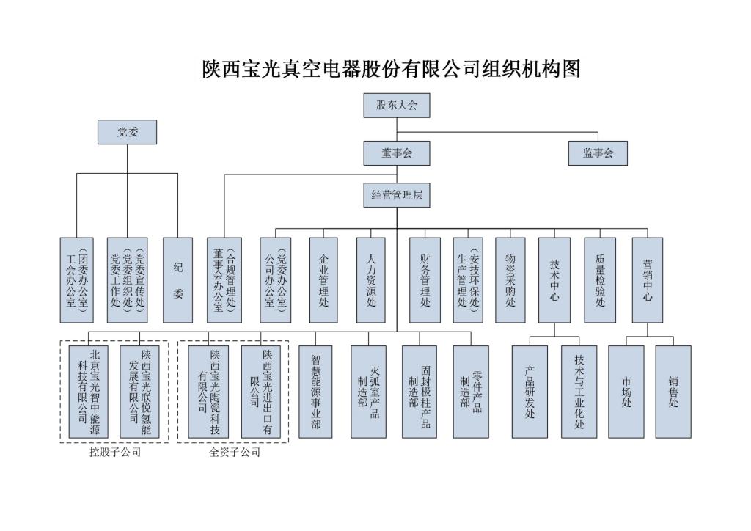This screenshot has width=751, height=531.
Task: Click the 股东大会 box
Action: coord(396,106)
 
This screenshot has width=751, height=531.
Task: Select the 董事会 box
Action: coord(396,153)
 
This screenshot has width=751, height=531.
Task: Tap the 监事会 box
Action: coord(598,153)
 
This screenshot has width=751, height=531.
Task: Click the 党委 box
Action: coord(128,133)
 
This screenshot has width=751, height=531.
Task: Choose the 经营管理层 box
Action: coord(396,196)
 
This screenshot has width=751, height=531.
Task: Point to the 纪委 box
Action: coord(177,279)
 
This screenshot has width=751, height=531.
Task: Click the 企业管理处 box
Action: coord(323,279)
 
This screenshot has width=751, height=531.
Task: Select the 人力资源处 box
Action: coord(370,279)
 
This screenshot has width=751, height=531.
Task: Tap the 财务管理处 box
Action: coord(425,279)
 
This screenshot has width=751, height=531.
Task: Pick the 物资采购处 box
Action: coord(510,279)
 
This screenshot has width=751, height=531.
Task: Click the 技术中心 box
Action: coord(554,279)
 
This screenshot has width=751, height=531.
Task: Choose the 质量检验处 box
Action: coord(600,279)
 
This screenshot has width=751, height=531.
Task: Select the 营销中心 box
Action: coord(648,279)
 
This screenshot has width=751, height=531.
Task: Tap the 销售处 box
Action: coord(673,392)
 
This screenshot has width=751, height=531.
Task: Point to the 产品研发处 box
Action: coord(530,392)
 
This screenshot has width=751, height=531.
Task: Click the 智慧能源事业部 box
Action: coord(316,392)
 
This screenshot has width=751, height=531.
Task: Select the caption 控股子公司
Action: coord(114,453)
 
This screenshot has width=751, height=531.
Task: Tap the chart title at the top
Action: coord(391,69)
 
